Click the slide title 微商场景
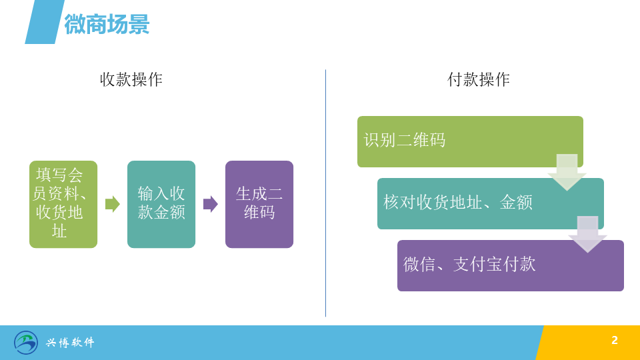[107, 24]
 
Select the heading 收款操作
[131, 79]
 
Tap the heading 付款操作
[479, 79]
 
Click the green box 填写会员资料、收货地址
[63, 204]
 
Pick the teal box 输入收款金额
[161, 204]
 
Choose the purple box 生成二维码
[259, 204]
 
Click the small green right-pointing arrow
[112, 204]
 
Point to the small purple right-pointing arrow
[210, 204]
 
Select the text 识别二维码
[405, 141]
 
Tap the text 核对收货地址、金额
[458, 203]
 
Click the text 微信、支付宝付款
[469, 265]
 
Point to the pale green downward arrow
[567, 172]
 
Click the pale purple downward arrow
[588, 234]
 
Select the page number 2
[615, 341]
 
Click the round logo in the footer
[26, 343]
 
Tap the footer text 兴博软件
[70, 343]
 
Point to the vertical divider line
[325, 193]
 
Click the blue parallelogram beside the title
[45, 22]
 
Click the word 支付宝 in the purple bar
[478, 265]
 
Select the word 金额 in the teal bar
[516, 203]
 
